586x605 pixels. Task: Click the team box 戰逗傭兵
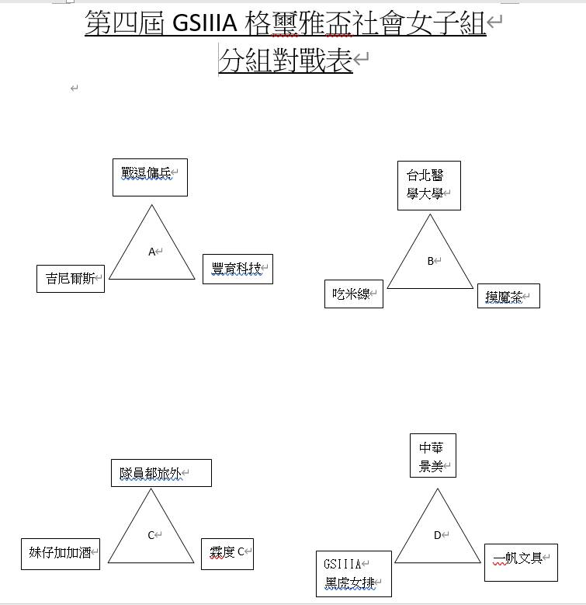click(150, 178)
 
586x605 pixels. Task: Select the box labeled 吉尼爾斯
click(71, 279)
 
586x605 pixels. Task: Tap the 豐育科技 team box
click(238, 269)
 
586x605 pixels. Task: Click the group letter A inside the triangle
click(151, 252)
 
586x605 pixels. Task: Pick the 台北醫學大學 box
click(429, 186)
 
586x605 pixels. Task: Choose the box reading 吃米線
click(354, 294)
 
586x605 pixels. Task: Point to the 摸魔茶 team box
click(508, 296)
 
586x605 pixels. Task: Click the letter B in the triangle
click(431, 261)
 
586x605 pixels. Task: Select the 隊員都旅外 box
click(161, 473)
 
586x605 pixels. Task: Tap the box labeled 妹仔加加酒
click(61, 554)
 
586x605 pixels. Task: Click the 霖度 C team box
click(227, 554)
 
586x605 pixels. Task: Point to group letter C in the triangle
click(151, 535)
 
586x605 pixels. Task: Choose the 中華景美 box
click(433, 455)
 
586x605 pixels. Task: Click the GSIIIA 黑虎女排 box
click(354, 574)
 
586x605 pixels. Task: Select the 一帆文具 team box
click(521, 562)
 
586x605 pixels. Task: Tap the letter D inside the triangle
click(437, 535)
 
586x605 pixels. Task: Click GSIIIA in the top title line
click(204, 23)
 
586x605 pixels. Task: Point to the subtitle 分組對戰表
click(286, 61)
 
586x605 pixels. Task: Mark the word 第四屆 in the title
click(124, 23)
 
